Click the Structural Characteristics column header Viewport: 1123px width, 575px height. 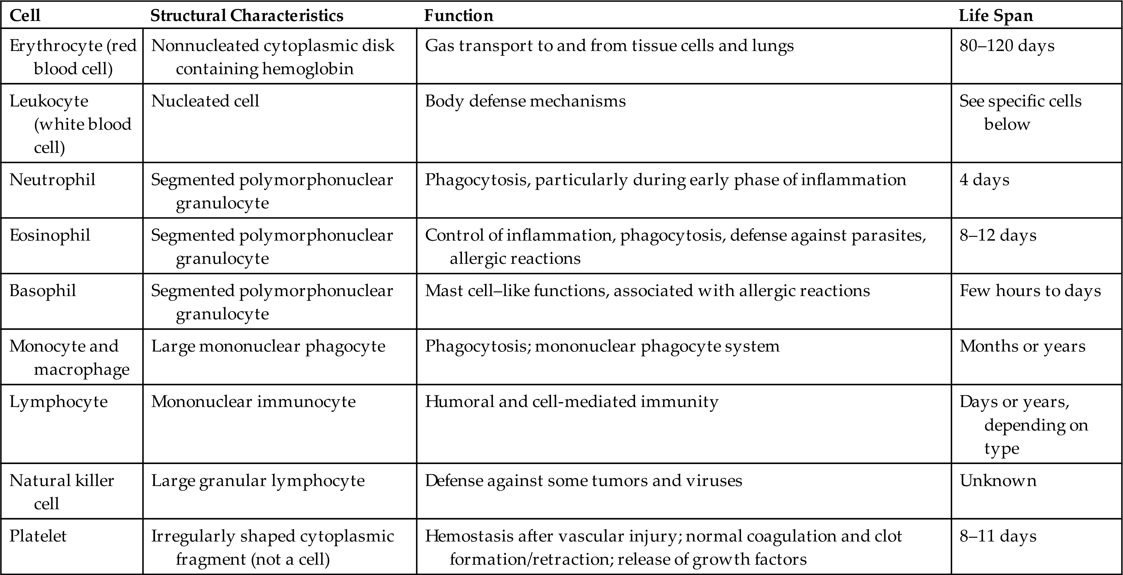(247, 16)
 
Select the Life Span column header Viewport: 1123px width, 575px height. (996, 16)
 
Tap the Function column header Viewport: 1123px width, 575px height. (459, 16)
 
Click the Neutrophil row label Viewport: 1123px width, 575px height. (52, 180)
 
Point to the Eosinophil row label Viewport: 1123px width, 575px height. (50, 235)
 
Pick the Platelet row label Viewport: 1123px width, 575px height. (38, 536)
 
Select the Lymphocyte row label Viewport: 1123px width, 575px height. (58, 402)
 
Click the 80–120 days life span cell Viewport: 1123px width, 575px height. (1007, 46)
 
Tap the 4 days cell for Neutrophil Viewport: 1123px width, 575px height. (984, 180)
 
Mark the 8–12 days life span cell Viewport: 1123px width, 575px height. (998, 235)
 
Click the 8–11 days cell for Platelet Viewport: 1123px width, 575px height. (998, 536)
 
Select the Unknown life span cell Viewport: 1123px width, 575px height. (998, 481)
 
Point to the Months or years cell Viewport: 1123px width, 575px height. (1022, 346)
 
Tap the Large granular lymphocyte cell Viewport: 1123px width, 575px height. (258, 481)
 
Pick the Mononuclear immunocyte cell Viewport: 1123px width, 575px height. (253, 402)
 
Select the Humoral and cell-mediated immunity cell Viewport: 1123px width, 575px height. (572, 402)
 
